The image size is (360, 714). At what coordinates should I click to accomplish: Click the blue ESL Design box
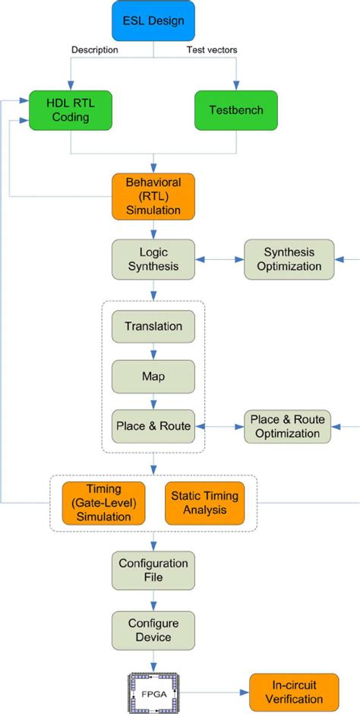154,21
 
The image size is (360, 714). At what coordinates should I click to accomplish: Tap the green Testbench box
236,109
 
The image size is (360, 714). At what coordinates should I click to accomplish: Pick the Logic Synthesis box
153,259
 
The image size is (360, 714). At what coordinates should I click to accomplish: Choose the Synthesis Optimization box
289,259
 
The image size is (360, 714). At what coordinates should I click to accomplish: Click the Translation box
153,327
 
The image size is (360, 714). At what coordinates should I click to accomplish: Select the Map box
153,376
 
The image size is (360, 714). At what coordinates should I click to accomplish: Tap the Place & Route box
153,426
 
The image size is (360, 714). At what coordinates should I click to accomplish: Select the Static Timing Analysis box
204,502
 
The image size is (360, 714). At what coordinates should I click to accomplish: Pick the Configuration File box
153,570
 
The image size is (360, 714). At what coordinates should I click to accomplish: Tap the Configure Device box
153,629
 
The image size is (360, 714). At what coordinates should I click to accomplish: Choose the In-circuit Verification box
289,691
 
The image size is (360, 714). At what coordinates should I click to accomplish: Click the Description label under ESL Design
94,50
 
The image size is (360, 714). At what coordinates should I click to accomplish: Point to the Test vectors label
212,50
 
